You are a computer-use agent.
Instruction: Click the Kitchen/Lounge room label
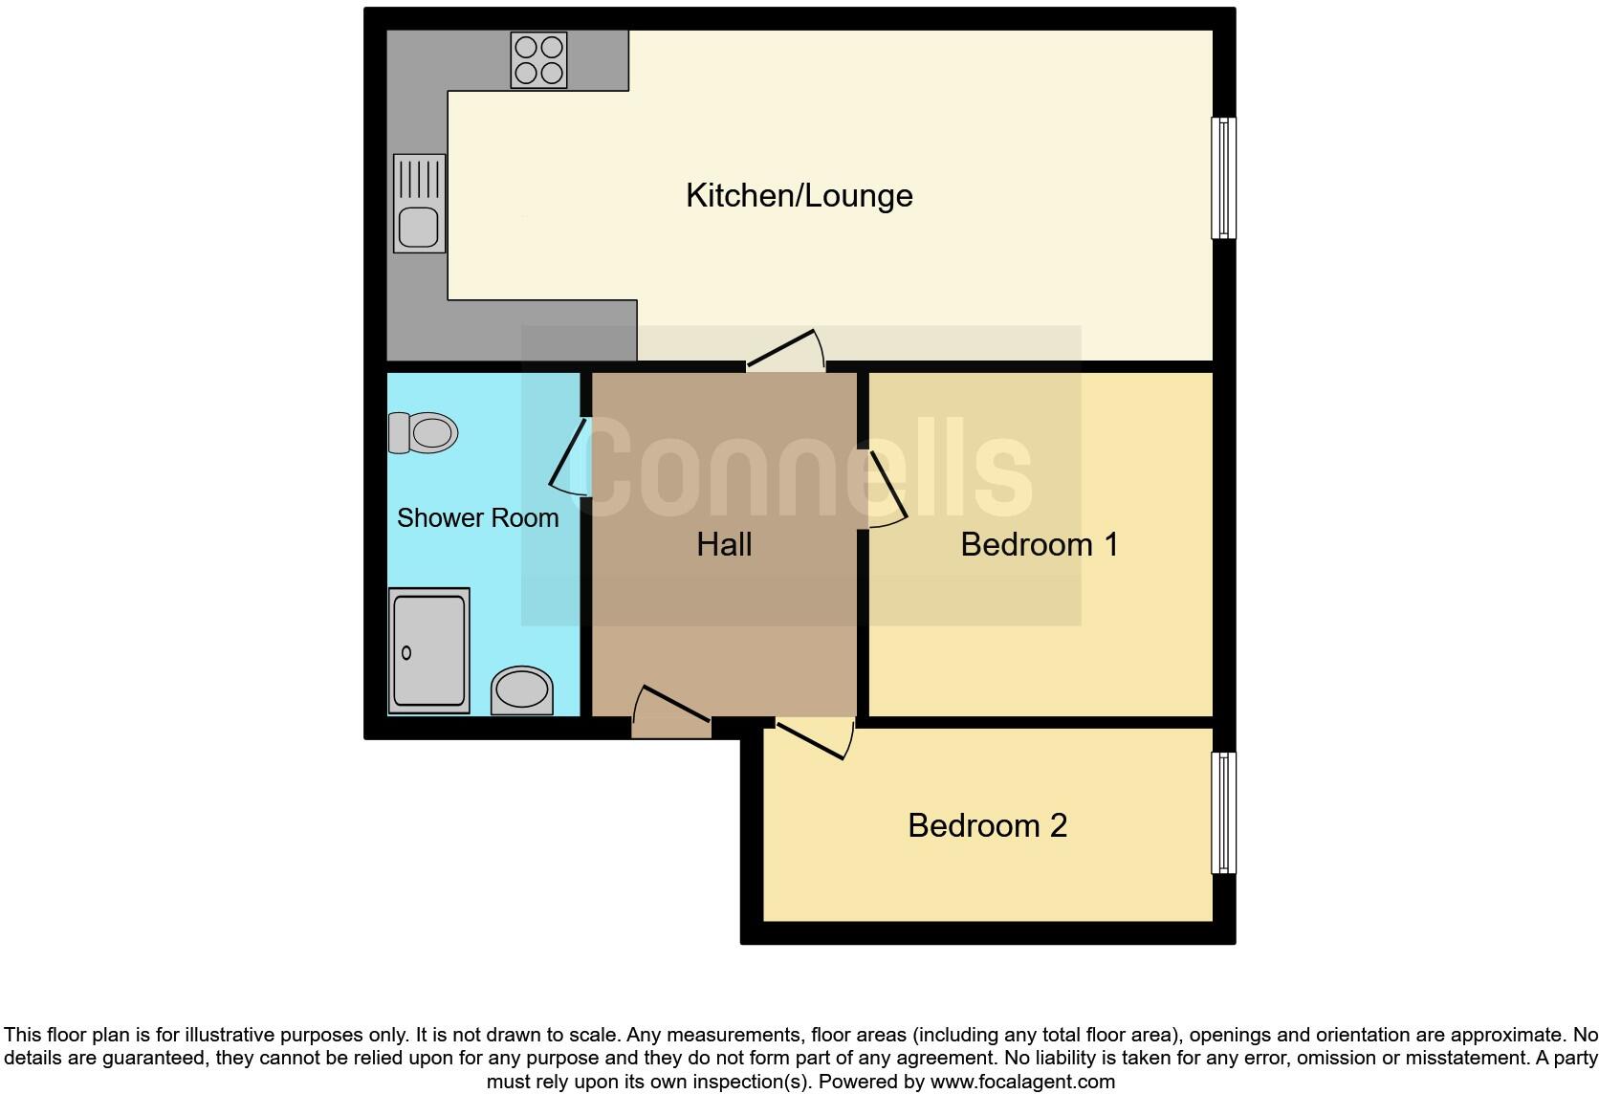point(799,196)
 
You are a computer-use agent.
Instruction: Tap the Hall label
point(724,545)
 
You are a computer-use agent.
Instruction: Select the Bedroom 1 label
point(1039,544)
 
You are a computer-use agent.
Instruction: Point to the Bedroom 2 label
point(987,825)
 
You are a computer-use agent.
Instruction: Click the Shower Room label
point(477,518)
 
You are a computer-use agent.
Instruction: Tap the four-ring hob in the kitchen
point(538,59)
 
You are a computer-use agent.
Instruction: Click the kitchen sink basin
point(419,228)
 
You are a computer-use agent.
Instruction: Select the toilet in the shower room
point(423,432)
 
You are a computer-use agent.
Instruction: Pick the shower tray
point(428,650)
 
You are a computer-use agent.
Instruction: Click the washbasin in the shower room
point(522,689)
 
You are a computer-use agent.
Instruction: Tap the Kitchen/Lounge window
point(1223,177)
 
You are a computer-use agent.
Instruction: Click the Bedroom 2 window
point(1223,812)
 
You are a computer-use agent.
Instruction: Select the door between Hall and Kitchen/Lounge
point(786,351)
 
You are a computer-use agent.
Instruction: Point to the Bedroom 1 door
point(886,488)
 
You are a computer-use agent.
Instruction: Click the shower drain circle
point(406,652)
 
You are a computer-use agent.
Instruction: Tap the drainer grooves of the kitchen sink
point(419,179)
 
